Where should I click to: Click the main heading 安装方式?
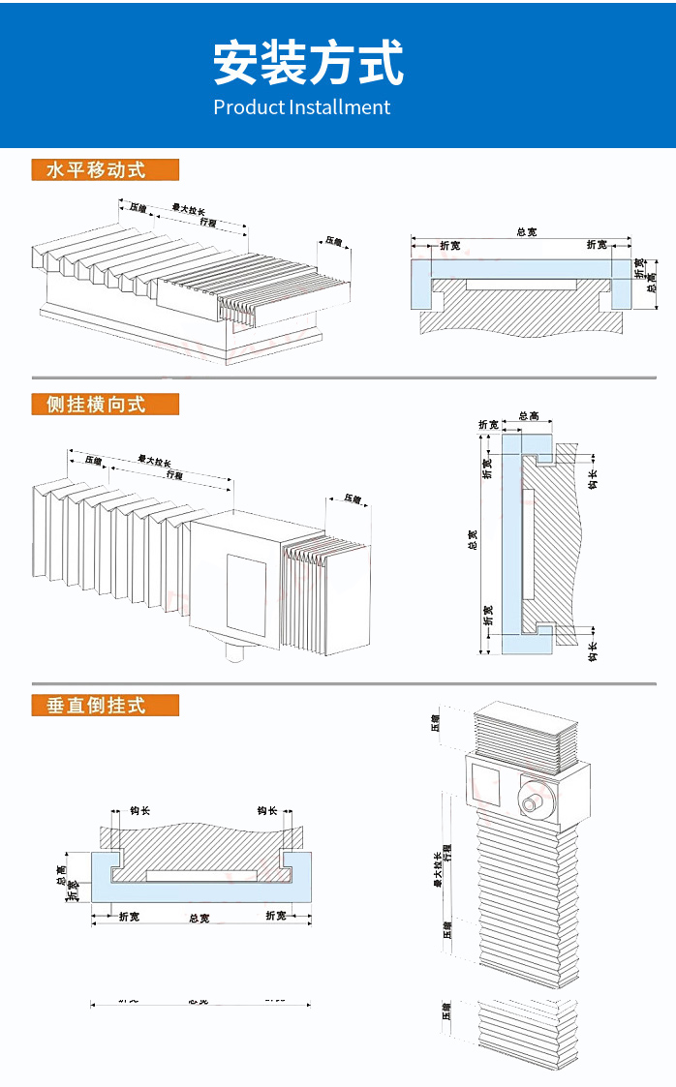pos(308,64)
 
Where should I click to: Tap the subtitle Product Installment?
pos(301,107)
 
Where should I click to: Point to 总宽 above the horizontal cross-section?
pos(526,232)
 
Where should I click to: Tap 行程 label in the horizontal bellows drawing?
pos(207,222)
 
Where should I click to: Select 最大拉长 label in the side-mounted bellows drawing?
pos(154,461)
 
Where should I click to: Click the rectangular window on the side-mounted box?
pos(246,591)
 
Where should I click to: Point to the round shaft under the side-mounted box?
pos(236,655)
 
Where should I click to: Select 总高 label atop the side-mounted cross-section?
pos(529,416)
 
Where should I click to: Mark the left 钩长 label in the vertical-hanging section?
pos(139,811)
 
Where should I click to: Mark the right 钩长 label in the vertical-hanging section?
pos(266,811)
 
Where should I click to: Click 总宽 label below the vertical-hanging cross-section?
pos(199,918)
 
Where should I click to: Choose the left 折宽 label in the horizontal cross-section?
pos(450,246)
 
